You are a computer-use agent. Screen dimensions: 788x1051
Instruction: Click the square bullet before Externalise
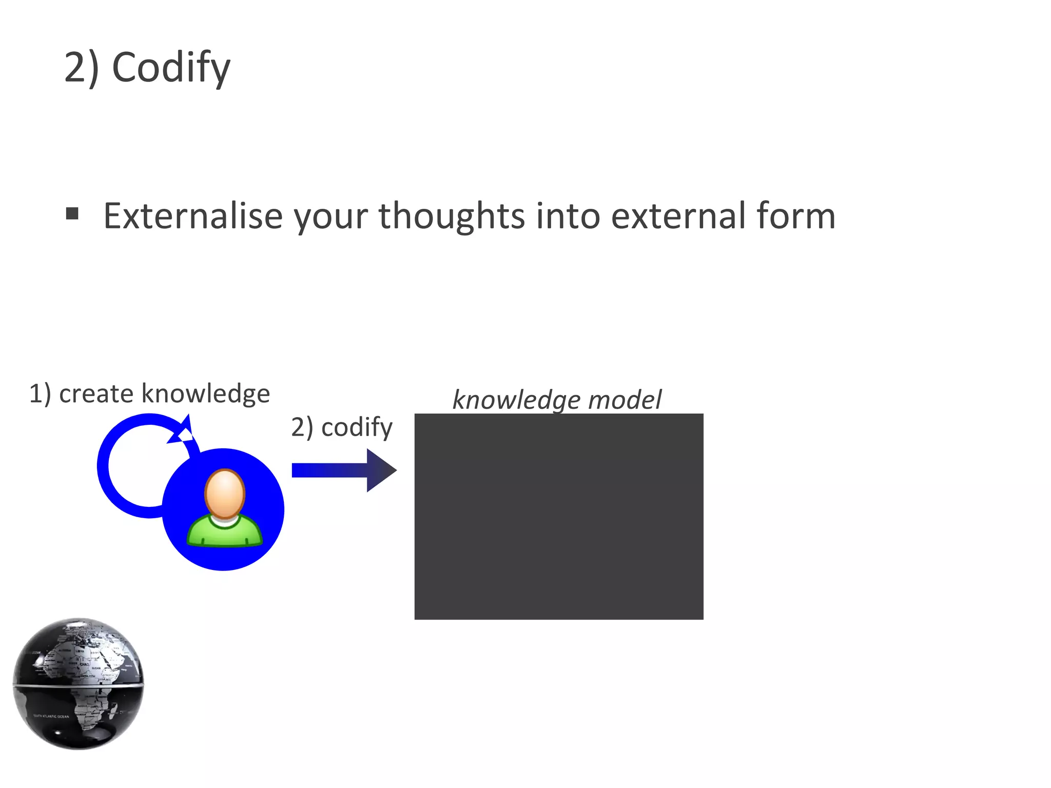tap(72, 213)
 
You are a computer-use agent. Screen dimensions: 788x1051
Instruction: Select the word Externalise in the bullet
tap(193, 215)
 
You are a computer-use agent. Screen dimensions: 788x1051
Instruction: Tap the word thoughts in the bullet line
tap(452, 215)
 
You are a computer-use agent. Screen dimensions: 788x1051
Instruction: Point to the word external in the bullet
tap(677, 215)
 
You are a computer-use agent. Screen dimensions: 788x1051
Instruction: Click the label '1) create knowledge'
tap(149, 394)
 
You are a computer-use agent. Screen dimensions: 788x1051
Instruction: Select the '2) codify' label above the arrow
tap(342, 427)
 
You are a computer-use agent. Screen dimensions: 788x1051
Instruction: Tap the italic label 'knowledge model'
tap(557, 400)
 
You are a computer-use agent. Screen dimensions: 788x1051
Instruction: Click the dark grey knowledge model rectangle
tap(559, 516)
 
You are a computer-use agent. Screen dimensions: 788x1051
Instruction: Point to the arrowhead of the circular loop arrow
tap(183, 430)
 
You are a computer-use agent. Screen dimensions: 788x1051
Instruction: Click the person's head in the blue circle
tap(225, 493)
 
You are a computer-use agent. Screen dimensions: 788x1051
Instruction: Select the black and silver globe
tap(78, 683)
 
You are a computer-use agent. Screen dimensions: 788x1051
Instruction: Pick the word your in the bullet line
tap(330, 215)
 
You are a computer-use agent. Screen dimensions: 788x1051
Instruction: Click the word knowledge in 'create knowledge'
tap(205, 394)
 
